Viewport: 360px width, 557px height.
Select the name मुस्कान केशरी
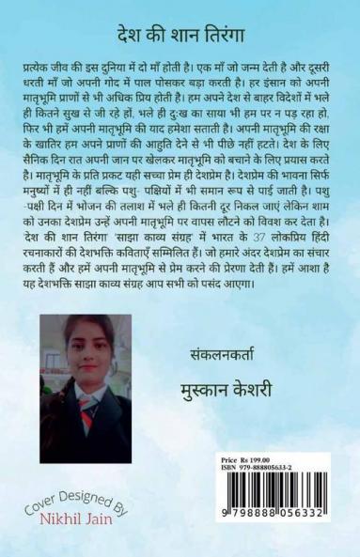click(243, 364)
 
